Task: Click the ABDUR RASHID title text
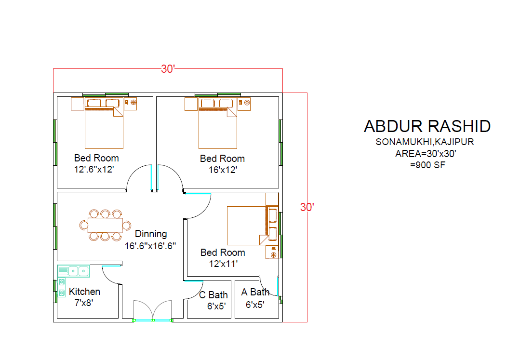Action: pyautogui.click(x=427, y=126)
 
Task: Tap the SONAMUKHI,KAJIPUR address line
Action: pyautogui.click(x=425, y=142)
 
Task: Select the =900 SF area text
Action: pyautogui.click(x=427, y=165)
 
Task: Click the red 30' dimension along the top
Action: pyautogui.click(x=168, y=69)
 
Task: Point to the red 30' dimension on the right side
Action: pyautogui.click(x=307, y=207)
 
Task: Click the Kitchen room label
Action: pyautogui.click(x=84, y=292)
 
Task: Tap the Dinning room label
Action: pyautogui.click(x=151, y=234)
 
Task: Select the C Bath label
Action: pyautogui.click(x=213, y=294)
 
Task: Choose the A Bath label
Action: pyautogui.click(x=255, y=292)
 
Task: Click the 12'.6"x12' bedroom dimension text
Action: pyautogui.click(x=94, y=169)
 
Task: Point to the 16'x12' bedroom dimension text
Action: pyautogui.click(x=223, y=170)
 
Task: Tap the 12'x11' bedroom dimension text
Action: pyautogui.click(x=223, y=264)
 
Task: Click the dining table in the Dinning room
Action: pyautogui.click(x=105, y=225)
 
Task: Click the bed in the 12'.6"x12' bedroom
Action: pyautogui.click(x=104, y=123)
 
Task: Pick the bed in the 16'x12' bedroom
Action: pyautogui.click(x=218, y=123)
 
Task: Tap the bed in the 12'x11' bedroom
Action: pyautogui.click(x=253, y=226)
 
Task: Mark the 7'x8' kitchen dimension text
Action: pyautogui.click(x=83, y=303)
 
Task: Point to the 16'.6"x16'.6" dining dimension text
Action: pyautogui.click(x=150, y=246)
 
